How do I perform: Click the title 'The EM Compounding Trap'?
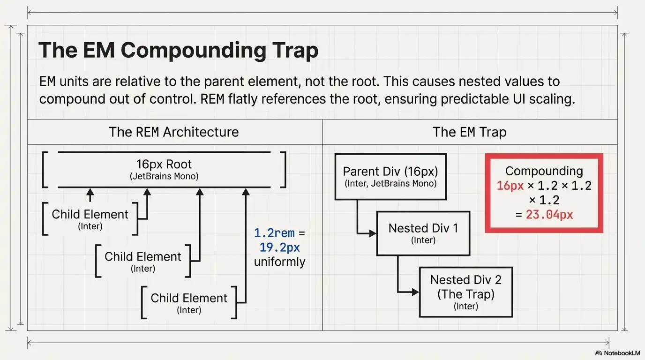[178, 50]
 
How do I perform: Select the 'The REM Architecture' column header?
[173, 132]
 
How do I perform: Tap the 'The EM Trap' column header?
[469, 132]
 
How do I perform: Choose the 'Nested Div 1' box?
[423, 233]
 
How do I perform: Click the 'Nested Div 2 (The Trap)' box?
[465, 292]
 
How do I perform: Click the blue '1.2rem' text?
[274, 233]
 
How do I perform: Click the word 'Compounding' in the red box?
[544, 171]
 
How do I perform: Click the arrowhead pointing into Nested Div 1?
[373, 233]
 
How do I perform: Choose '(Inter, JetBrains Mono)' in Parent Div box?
[390, 184]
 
